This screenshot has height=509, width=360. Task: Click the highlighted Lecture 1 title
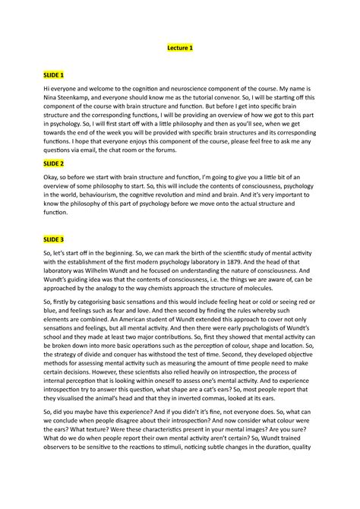coord(180,49)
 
